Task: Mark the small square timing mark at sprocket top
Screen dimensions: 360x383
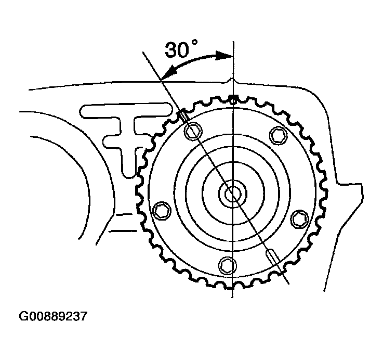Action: (234, 97)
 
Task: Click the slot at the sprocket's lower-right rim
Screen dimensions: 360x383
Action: (272, 256)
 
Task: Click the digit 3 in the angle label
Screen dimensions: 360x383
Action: (173, 50)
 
